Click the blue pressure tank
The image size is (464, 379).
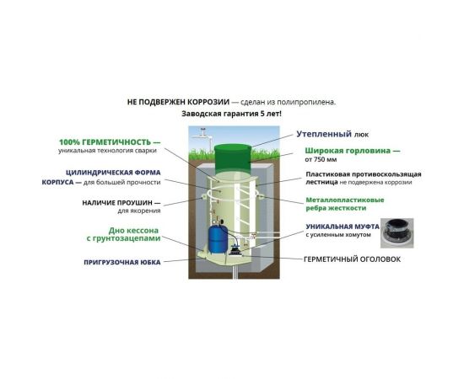tap(218, 239)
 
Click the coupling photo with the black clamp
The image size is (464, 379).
tap(397, 233)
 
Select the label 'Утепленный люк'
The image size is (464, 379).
tap(332, 134)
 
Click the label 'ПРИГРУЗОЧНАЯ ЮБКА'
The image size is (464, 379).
tap(122, 262)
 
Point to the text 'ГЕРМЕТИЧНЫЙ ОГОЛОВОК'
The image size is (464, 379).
tap(352, 259)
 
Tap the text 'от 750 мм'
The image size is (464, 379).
tap(321, 159)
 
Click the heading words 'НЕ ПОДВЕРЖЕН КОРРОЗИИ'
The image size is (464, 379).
tap(178, 102)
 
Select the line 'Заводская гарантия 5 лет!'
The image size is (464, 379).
tap(231, 114)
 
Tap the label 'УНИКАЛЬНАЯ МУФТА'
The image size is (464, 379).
tap(343, 227)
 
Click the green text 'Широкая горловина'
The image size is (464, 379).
tap(348, 151)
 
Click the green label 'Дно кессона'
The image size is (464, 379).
tap(133, 231)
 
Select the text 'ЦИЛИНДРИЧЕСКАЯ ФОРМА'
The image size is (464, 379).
tap(113, 173)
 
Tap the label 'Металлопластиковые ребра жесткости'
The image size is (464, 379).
tap(345, 204)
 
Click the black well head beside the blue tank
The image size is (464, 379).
tap(236, 250)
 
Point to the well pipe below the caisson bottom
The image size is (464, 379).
tap(235, 271)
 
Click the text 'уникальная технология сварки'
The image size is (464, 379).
tap(107, 151)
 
